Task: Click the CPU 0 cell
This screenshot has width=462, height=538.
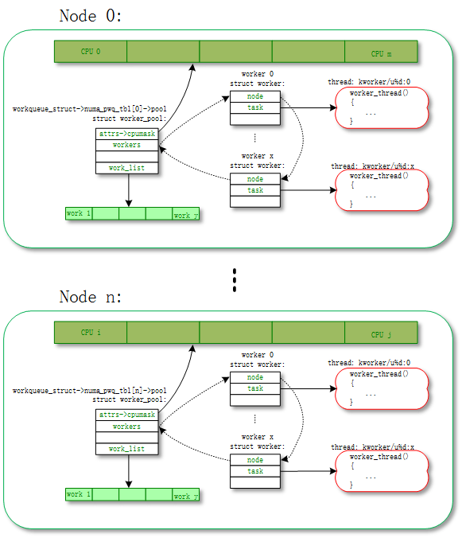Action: (x=91, y=52)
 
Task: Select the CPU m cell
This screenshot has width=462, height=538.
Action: (x=381, y=52)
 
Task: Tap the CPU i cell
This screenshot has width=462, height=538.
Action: (x=91, y=333)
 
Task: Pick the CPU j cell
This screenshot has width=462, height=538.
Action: (x=381, y=333)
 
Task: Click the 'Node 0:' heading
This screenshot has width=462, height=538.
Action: (x=90, y=16)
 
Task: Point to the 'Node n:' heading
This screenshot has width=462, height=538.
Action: (x=90, y=297)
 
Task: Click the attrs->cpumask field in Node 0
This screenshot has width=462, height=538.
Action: (x=126, y=134)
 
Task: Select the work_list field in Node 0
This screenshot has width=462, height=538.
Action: (x=126, y=168)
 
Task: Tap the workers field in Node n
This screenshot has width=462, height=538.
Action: (x=126, y=426)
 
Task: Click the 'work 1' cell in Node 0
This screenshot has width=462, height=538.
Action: (x=79, y=213)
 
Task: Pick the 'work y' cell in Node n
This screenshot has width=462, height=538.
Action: (x=185, y=495)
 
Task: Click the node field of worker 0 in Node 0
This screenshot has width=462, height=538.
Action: (x=255, y=96)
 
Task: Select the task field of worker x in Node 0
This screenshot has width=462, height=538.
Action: (x=255, y=190)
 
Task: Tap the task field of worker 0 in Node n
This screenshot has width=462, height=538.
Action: (x=255, y=388)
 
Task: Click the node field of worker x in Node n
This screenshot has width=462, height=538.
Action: (x=255, y=460)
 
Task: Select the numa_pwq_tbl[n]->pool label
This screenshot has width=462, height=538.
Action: (x=89, y=391)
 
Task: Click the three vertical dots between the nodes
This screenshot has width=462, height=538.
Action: (x=235, y=280)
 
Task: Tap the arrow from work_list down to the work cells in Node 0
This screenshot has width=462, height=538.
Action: (x=129, y=190)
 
